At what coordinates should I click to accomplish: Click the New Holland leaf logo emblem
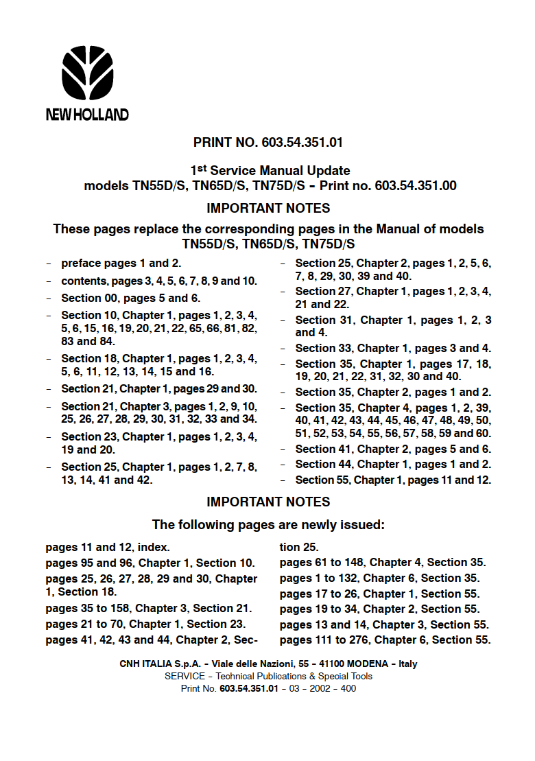click(87, 73)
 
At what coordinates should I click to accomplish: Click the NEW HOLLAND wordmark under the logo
click(87, 115)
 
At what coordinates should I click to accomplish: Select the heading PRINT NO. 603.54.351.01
click(267, 143)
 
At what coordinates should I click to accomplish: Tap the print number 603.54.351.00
click(416, 185)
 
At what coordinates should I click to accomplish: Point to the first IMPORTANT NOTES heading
click(267, 208)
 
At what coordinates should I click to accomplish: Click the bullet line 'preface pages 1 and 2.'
click(121, 264)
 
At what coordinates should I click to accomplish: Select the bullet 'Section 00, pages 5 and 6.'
click(130, 298)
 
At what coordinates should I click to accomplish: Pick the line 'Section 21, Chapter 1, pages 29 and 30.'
click(159, 389)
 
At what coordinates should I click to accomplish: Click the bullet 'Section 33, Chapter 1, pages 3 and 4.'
click(393, 349)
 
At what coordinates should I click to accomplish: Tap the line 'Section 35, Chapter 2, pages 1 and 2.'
click(393, 393)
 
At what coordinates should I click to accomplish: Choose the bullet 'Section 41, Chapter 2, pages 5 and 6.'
click(393, 449)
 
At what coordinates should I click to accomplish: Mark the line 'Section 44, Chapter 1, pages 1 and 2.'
click(393, 465)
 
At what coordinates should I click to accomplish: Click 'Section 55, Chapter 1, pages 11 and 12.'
click(393, 480)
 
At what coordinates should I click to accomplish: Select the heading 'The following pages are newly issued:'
click(267, 526)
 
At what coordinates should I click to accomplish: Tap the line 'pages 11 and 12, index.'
click(108, 548)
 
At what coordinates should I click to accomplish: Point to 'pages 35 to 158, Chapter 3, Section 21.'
click(149, 609)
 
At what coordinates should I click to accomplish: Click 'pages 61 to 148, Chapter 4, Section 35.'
click(383, 563)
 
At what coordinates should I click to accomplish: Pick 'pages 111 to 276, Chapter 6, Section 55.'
click(385, 640)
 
